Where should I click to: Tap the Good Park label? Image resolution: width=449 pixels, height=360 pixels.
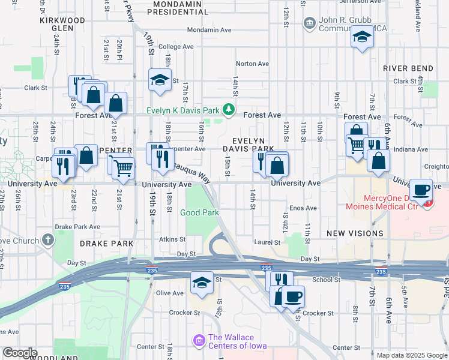(199, 212)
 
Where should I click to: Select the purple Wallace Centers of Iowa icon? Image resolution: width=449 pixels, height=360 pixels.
(199, 341)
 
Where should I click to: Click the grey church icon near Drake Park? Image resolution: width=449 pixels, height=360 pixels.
(47, 241)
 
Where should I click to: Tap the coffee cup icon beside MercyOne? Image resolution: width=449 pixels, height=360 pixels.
(421, 189)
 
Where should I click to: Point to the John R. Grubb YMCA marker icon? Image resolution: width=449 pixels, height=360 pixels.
(310, 23)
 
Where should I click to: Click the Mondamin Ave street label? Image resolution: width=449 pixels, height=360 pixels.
(209, 29)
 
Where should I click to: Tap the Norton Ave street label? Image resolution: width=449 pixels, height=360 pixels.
(252, 64)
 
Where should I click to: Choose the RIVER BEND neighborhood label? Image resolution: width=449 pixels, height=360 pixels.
(406, 68)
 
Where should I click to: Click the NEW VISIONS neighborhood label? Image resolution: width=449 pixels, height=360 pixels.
(355, 233)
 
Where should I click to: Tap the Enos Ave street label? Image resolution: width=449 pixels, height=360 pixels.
(303, 208)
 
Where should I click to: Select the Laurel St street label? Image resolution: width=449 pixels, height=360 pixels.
(267, 242)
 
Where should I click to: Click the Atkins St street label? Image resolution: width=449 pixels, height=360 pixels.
(169, 239)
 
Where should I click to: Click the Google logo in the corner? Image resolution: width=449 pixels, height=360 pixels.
(19, 353)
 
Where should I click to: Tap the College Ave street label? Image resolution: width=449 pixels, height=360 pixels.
(176, 46)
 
